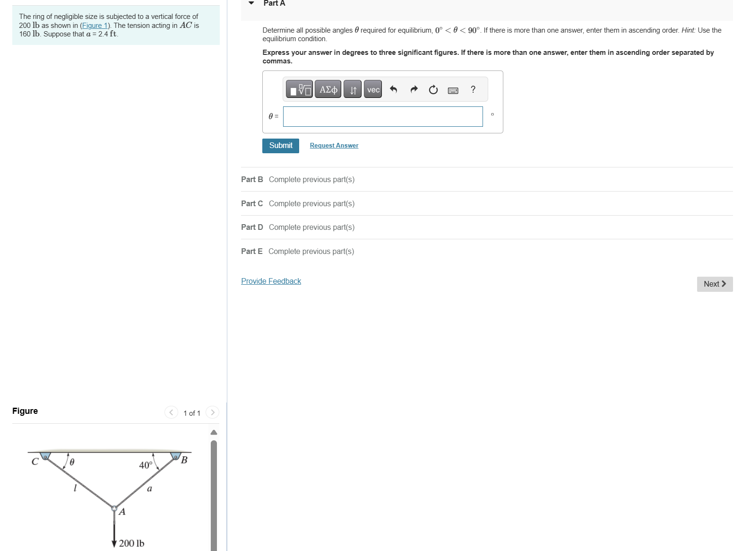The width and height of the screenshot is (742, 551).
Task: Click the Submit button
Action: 280,146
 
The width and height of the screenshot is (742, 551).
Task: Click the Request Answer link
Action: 334,146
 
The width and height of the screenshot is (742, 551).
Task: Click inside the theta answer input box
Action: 382,116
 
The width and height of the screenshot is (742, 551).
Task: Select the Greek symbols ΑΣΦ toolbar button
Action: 328,89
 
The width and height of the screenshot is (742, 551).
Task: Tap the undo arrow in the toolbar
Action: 393,89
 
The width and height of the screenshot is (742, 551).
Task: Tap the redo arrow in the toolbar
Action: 414,89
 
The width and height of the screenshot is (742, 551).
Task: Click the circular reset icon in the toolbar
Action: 433,90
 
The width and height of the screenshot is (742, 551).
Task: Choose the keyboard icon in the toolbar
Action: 453,90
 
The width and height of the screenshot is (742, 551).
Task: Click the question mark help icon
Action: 473,89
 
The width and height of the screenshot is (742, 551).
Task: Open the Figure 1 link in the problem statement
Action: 95,26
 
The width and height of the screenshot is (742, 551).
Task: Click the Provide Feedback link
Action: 271,281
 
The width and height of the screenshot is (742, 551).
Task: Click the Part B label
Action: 252,179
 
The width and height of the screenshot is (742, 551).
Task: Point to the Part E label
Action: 251,251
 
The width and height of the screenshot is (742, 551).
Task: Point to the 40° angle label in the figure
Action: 146,465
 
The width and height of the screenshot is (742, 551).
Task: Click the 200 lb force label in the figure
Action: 131,543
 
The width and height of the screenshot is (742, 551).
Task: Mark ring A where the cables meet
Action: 114,508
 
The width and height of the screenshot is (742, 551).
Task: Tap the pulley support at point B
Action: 176,456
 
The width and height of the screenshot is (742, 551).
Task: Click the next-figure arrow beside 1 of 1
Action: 213,412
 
